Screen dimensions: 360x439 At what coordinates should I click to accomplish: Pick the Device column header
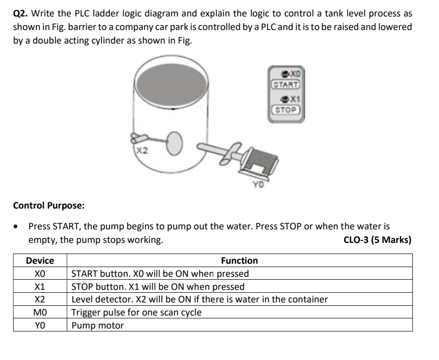[40, 261]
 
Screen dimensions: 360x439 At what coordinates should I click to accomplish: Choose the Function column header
[239, 261]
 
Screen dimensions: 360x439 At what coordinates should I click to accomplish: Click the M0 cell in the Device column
[40, 313]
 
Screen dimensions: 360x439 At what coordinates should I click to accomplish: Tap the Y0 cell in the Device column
[40, 326]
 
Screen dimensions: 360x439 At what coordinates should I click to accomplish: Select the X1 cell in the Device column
[40, 286]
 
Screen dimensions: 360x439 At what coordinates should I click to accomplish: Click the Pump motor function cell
[97, 326]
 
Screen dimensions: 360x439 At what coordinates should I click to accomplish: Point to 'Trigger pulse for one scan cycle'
[136, 313]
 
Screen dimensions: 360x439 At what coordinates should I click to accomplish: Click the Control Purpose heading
[48, 205]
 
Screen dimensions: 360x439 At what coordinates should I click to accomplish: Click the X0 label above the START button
[293, 73]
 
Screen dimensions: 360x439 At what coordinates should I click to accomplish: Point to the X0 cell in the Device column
[40, 274]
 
